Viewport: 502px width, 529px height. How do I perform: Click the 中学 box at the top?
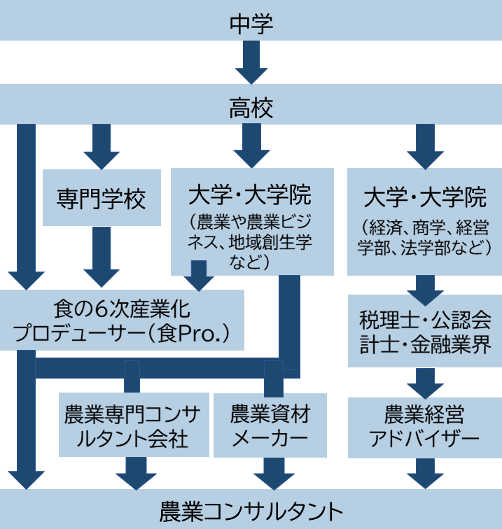click(251, 23)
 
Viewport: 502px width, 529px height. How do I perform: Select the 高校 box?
click(251, 107)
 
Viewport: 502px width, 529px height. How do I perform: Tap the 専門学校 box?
click(102, 199)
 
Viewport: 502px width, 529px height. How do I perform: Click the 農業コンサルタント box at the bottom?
click(251, 510)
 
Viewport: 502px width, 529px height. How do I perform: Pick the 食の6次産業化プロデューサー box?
click(123, 320)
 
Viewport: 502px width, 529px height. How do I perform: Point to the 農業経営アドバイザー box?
click(424, 428)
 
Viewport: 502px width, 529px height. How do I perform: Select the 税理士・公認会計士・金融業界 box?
click(424, 330)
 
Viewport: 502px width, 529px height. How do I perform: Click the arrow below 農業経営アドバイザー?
click(424, 474)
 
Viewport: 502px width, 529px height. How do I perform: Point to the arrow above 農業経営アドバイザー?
click(424, 382)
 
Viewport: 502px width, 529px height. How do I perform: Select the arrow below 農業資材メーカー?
click(270, 474)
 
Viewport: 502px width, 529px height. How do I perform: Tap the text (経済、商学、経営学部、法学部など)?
click(424, 237)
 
